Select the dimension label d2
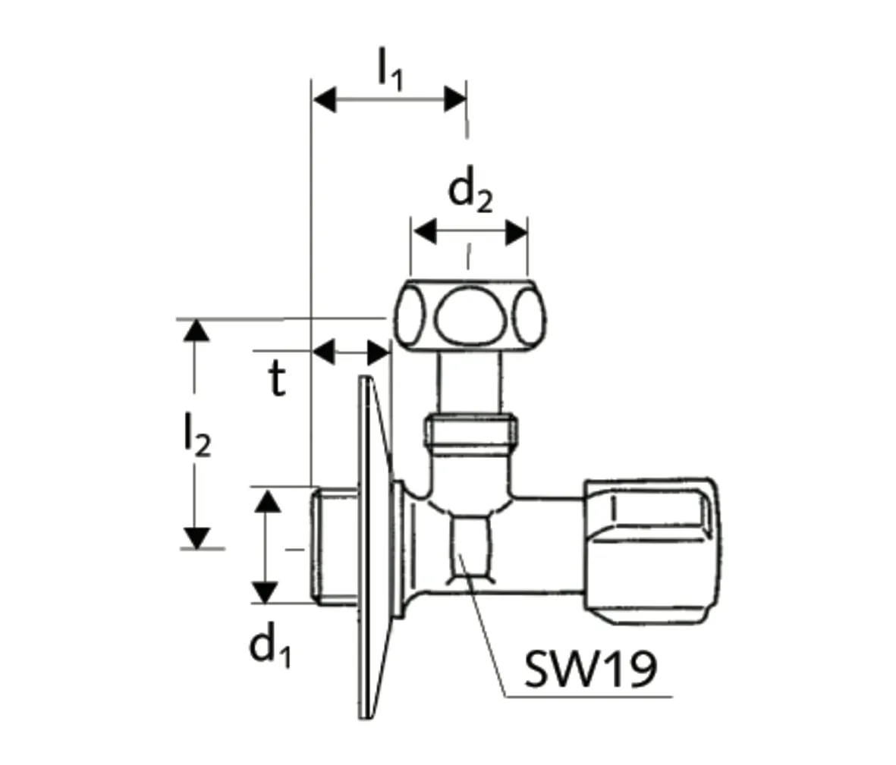470,192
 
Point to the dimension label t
278,380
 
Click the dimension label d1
270,647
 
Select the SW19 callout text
589,669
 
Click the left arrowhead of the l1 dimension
325,99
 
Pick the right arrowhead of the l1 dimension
454,99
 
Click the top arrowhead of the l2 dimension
196,331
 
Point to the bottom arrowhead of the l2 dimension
196,537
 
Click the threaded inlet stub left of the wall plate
335,546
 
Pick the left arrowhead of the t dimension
325,352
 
